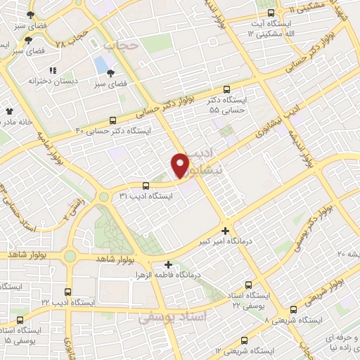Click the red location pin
click(x=181, y=165)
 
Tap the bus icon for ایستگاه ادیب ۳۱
click(x=145, y=186)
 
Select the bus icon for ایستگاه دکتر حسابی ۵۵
click(x=226, y=90)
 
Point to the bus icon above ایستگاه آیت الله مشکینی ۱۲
click(x=272, y=13)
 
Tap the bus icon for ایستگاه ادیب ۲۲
click(x=68, y=291)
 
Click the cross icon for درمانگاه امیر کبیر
click(x=225, y=231)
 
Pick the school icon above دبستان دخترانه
click(x=53, y=70)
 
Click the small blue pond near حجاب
click(x=101, y=65)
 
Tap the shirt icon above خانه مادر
click(x=9, y=111)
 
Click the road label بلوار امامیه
click(x=47, y=147)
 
